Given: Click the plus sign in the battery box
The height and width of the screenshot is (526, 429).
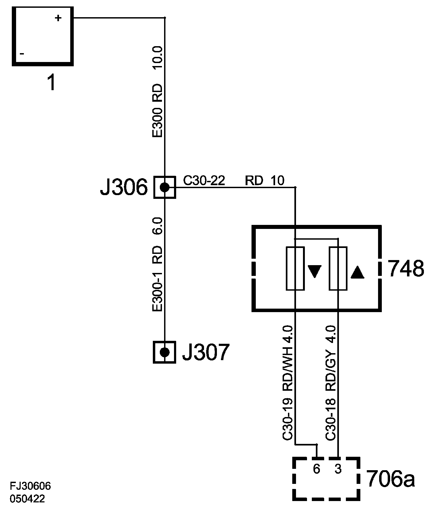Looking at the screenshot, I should coord(58,18).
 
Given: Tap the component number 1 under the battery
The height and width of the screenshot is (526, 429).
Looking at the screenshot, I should coord(51,83).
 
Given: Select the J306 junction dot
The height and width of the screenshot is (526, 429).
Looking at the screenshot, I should coord(165,187).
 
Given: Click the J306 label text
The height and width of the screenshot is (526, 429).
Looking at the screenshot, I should coord(124,187).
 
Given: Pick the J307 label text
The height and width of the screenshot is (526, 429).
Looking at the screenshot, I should coord(205,352).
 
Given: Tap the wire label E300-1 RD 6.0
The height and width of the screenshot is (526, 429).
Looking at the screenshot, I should coord(157,264).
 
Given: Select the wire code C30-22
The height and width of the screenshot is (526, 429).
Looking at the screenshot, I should coord(204,181).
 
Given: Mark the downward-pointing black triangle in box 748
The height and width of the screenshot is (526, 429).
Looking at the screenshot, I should coord(314,271).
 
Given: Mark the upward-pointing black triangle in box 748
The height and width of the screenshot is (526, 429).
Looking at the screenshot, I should coord(357,272).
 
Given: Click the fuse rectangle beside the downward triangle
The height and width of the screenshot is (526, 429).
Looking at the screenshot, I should coord(295,268).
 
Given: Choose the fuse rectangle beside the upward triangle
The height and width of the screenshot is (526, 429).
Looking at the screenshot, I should coord(338,268).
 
